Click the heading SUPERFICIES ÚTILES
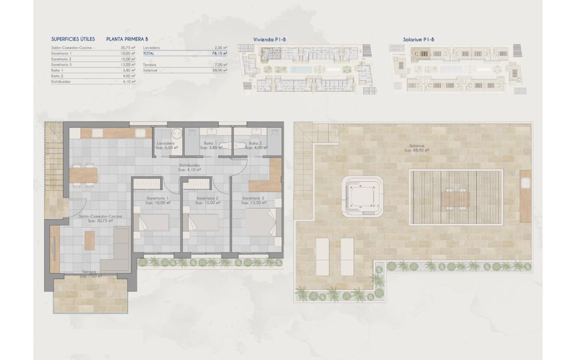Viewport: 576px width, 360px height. pyautogui.click(x=73, y=39)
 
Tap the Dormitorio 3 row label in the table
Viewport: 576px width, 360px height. pyautogui.click(x=62, y=65)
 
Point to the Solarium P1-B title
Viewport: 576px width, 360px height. pyautogui.click(x=418, y=40)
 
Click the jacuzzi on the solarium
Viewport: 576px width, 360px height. pyautogui.click(x=362, y=197)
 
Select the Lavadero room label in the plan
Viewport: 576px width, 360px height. pyautogui.click(x=166, y=143)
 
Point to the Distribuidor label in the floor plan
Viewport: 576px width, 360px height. pyautogui.click(x=189, y=165)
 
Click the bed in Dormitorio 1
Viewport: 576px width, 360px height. pyautogui.click(x=153, y=222)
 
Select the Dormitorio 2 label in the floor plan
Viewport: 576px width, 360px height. pyautogui.click(x=207, y=198)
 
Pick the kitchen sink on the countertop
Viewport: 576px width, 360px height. pyautogui.click(x=141, y=133)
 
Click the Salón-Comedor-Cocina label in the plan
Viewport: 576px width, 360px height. pyautogui.click(x=100, y=216)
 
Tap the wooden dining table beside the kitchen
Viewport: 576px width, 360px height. pyautogui.click(x=83, y=175)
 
